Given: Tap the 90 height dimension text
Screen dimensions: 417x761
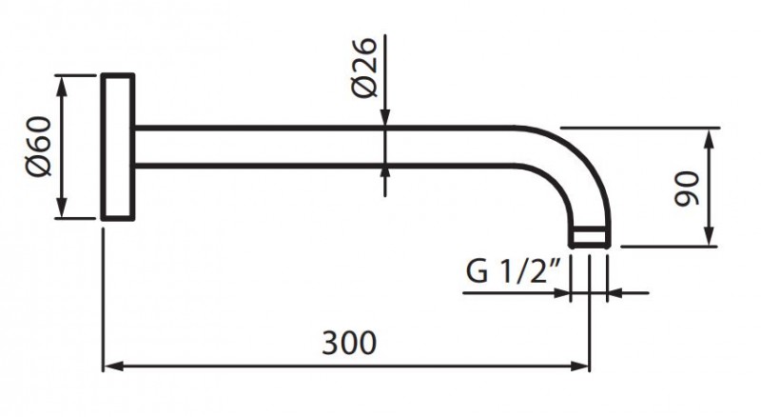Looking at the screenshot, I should (686, 188).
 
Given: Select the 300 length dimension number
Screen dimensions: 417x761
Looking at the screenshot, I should (349, 340).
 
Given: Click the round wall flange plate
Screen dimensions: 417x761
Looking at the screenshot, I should (118, 147).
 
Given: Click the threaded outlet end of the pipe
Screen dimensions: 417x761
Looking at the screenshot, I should (590, 237).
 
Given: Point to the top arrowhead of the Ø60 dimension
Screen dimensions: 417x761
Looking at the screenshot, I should (63, 82).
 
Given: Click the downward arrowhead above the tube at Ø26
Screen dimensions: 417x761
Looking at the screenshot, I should (384, 118).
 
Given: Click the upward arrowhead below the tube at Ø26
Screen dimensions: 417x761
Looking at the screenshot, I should (384, 173).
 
